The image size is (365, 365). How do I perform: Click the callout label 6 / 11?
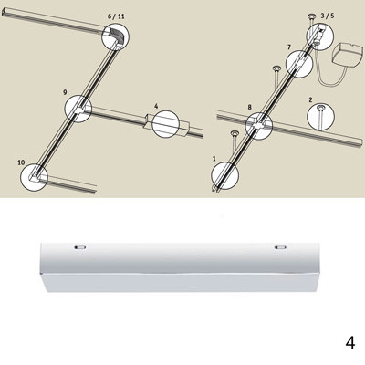pos(116,16)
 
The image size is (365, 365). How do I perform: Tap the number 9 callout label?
pos(65,92)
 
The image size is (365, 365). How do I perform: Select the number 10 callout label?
pos(21,162)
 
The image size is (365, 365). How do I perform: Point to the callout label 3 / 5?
pos(327,16)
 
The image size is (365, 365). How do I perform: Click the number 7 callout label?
pos(289,47)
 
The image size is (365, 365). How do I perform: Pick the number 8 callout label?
pos(250,107)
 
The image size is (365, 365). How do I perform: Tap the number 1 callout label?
pos(214,159)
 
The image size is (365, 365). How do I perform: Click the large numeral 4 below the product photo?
pos(350,343)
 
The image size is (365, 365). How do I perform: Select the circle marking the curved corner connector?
pos(115,23)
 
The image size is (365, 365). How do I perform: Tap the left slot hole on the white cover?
pos(79,247)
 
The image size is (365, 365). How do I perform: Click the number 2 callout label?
pos(310,99)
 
